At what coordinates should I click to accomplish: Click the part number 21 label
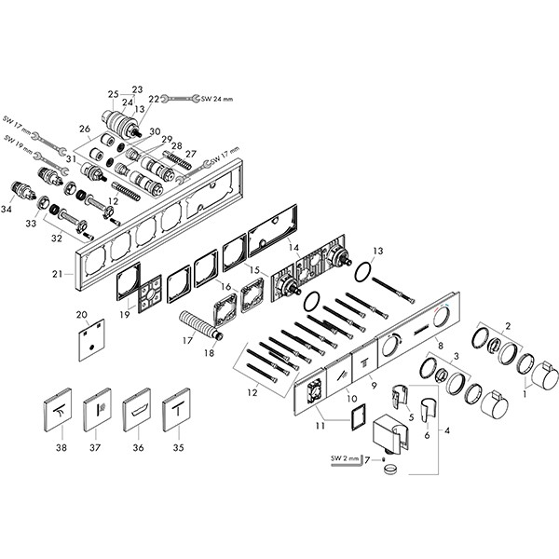pos(58,274)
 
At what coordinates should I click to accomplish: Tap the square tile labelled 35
pos(176,410)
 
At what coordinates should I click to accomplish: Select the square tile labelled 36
pos(137,410)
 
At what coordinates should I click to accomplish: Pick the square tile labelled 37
pos(97,410)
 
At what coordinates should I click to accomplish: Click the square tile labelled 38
pos(58,410)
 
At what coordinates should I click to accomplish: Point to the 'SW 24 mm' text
pos(217,99)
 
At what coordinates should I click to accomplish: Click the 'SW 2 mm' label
pos(345,458)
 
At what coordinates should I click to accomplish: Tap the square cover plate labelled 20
pos(91,340)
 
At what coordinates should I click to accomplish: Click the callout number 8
pos(441,346)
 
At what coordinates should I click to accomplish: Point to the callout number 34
pos(7,210)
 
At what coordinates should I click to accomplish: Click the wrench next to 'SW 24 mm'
pos(180,99)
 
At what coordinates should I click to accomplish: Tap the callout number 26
pos(85,129)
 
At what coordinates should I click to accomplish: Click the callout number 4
pos(446,431)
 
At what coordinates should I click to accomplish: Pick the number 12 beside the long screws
pos(252,392)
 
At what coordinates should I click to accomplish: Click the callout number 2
pos(508,325)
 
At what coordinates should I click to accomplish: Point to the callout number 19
pos(125,315)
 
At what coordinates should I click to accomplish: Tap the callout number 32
pos(57,239)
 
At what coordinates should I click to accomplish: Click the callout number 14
pos(294,248)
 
